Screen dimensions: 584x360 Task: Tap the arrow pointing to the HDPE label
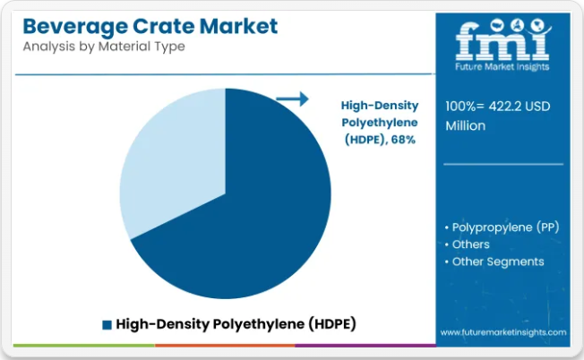pyautogui.click(x=292, y=99)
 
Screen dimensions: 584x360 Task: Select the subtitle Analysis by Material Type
pyautogui.click(x=104, y=47)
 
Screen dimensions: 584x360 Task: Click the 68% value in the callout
pyautogui.click(x=403, y=140)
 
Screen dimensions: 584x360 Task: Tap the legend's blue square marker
pyautogui.click(x=107, y=325)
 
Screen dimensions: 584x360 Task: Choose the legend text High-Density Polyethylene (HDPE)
pyautogui.click(x=236, y=324)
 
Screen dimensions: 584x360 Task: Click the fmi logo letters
pyautogui.click(x=502, y=39)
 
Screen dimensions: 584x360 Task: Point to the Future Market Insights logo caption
pyautogui.click(x=502, y=67)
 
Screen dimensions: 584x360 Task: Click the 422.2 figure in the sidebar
pyautogui.click(x=504, y=107)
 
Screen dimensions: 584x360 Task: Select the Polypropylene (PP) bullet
pyautogui.click(x=502, y=227)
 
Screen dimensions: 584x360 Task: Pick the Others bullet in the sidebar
pyautogui.click(x=467, y=244)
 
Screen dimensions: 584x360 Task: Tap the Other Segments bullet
pyautogui.click(x=494, y=261)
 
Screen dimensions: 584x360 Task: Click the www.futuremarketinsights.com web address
pyautogui.click(x=503, y=332)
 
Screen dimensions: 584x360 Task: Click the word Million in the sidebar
pyautogui.click(x=466, y=126)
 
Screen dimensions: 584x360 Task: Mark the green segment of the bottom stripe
pyautogui.click(x=84, y=346)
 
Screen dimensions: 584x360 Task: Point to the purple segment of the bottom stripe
pyautogui.click(x=365, y=346)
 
